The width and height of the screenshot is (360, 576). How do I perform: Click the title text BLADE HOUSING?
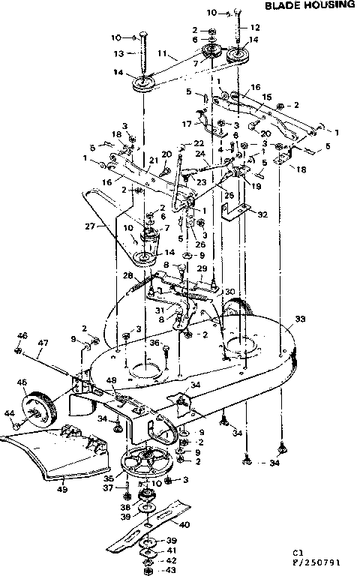click(x=308, y=5)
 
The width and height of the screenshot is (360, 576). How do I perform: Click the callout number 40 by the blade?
click(x=185, y=525)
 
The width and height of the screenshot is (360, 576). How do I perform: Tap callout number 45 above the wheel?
click(x=21, y=381)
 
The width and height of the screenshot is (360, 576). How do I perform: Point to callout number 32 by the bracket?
click(x=261, y=214)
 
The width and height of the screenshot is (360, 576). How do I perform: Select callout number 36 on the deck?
click(x=154, y=344)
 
